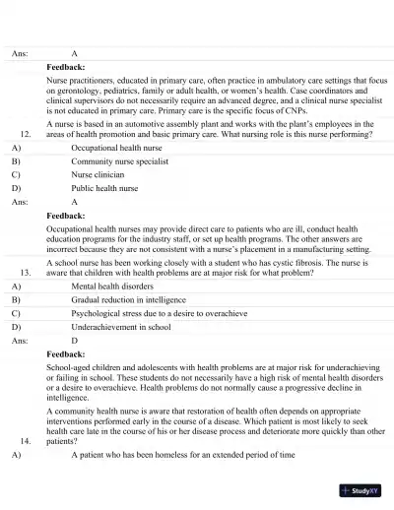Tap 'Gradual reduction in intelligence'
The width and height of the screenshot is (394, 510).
(x=134, y=297)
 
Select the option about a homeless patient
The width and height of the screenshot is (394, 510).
(x=183, y=457)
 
